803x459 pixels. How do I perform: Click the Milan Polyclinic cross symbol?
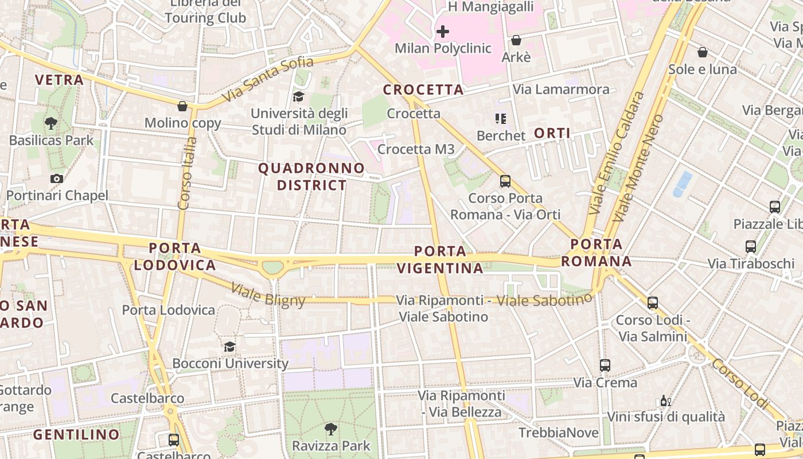443,32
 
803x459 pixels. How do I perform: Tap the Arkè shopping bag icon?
516,40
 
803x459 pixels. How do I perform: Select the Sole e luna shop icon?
703,52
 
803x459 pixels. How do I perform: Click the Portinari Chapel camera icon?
56,178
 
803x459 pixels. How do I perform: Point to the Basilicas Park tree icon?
51,123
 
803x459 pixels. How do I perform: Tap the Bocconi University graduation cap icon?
230,347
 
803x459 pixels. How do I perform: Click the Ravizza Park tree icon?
331,429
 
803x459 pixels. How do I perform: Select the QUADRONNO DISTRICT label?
311,177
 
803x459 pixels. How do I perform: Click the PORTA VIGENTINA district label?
440,259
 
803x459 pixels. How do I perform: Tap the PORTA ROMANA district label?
597,253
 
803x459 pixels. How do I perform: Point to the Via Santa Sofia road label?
268,79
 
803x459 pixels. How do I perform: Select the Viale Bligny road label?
268,294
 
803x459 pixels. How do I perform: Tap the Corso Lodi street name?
740,383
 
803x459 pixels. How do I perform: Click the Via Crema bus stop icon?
605,365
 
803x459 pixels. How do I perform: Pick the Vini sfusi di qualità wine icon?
665,400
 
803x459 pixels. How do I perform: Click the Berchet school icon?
501,119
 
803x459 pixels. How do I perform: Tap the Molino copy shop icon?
182,106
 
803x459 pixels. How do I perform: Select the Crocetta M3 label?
416,149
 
